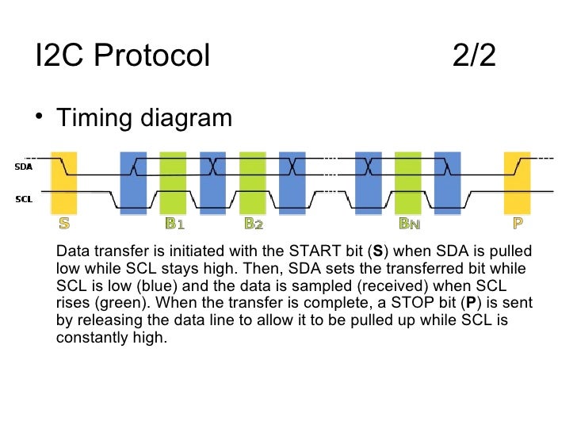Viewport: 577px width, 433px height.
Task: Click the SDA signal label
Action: tap(23, 167)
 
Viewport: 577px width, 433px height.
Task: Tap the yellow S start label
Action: tap(63, 224)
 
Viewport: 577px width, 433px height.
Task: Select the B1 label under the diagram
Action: tap(174, 224)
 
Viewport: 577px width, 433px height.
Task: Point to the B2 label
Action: tap(253, 224)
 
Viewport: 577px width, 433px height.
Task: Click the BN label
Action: tap(409, 224)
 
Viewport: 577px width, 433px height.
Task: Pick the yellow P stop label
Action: tap(518, 224)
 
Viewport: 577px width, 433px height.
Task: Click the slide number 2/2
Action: tap(476, 56)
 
